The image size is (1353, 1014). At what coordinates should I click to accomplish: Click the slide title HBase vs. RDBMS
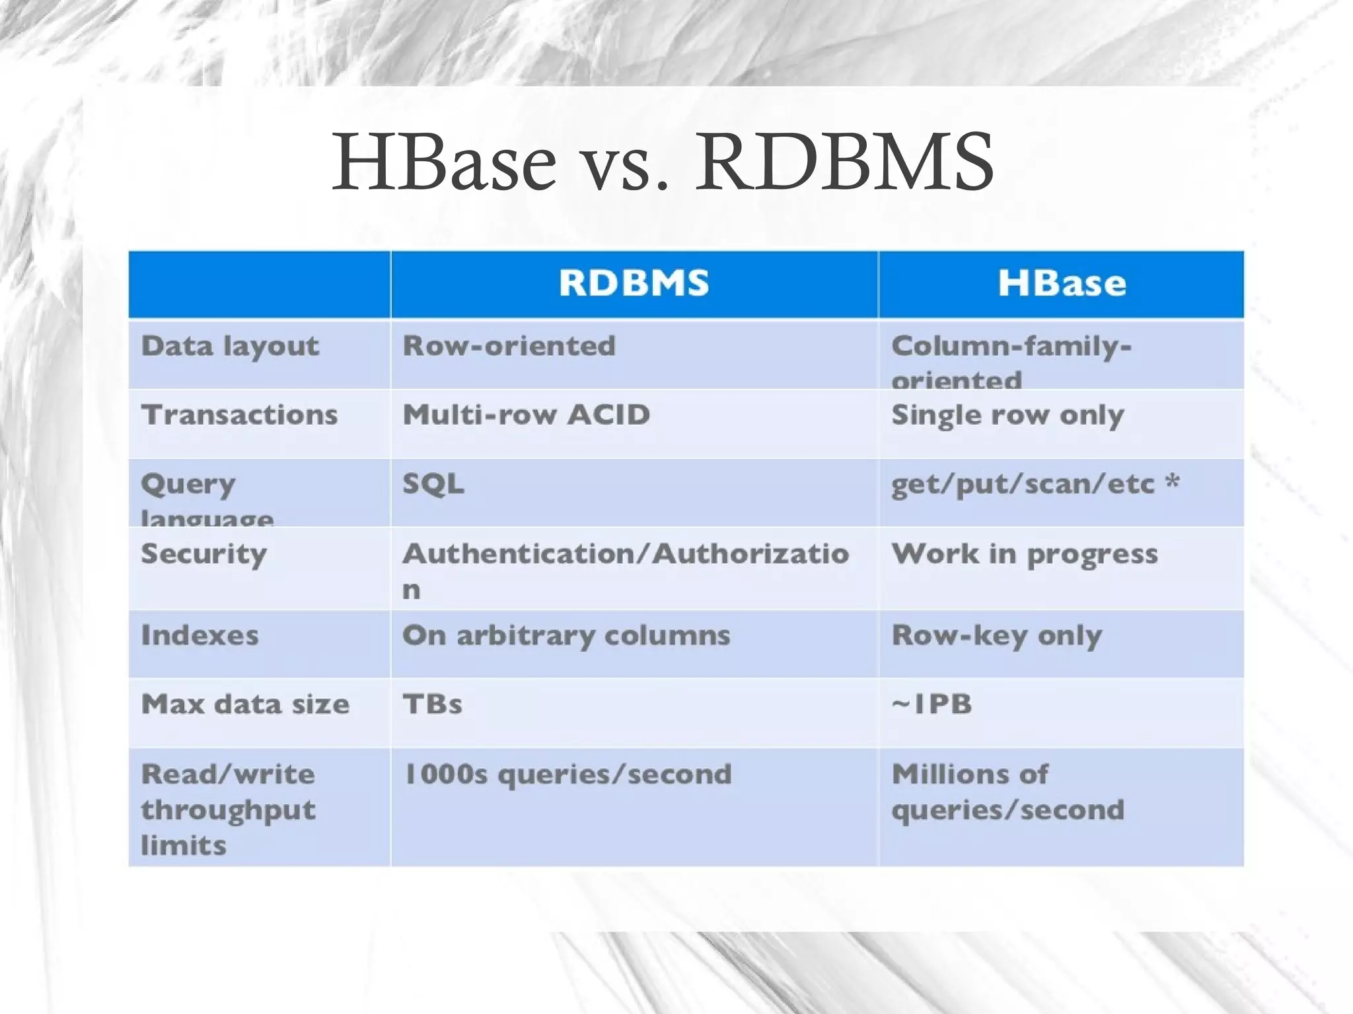[x=662, y=162]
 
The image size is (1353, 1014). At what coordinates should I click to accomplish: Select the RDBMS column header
[x=634, y=283]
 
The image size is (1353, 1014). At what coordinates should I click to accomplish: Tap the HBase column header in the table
[x=1062, y=283]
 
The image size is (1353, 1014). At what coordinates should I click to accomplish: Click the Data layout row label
[x=230, y=346]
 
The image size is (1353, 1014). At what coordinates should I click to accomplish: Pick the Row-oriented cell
[x=509, y=346]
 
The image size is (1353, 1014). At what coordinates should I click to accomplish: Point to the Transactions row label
[x=239, y=415]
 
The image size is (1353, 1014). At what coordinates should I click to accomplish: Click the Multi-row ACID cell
[x=527, y=415]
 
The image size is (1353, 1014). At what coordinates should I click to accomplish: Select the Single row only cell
[x=1007, y=416]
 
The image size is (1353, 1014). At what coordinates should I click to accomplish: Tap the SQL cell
[x=433, y=484]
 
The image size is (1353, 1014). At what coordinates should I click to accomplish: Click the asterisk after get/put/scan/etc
[x=1172, y=481]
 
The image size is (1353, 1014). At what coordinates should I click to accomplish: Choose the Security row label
[x=203, y=554]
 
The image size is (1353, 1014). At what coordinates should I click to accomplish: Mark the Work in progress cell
[x=1024, y=554]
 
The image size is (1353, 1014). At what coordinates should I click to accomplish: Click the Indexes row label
[x=200, y=635]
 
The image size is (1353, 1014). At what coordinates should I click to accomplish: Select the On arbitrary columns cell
[x=566, y=635]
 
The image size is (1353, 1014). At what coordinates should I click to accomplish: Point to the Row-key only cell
[x=996, y=635]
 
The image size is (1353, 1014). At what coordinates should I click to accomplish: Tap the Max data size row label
[x=245, y=704]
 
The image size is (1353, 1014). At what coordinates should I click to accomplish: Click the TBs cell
[x=433, y=704]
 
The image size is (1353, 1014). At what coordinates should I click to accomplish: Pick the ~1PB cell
[x=932, y=704]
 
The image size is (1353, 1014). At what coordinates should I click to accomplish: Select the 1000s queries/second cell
[x=567, y=774]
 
